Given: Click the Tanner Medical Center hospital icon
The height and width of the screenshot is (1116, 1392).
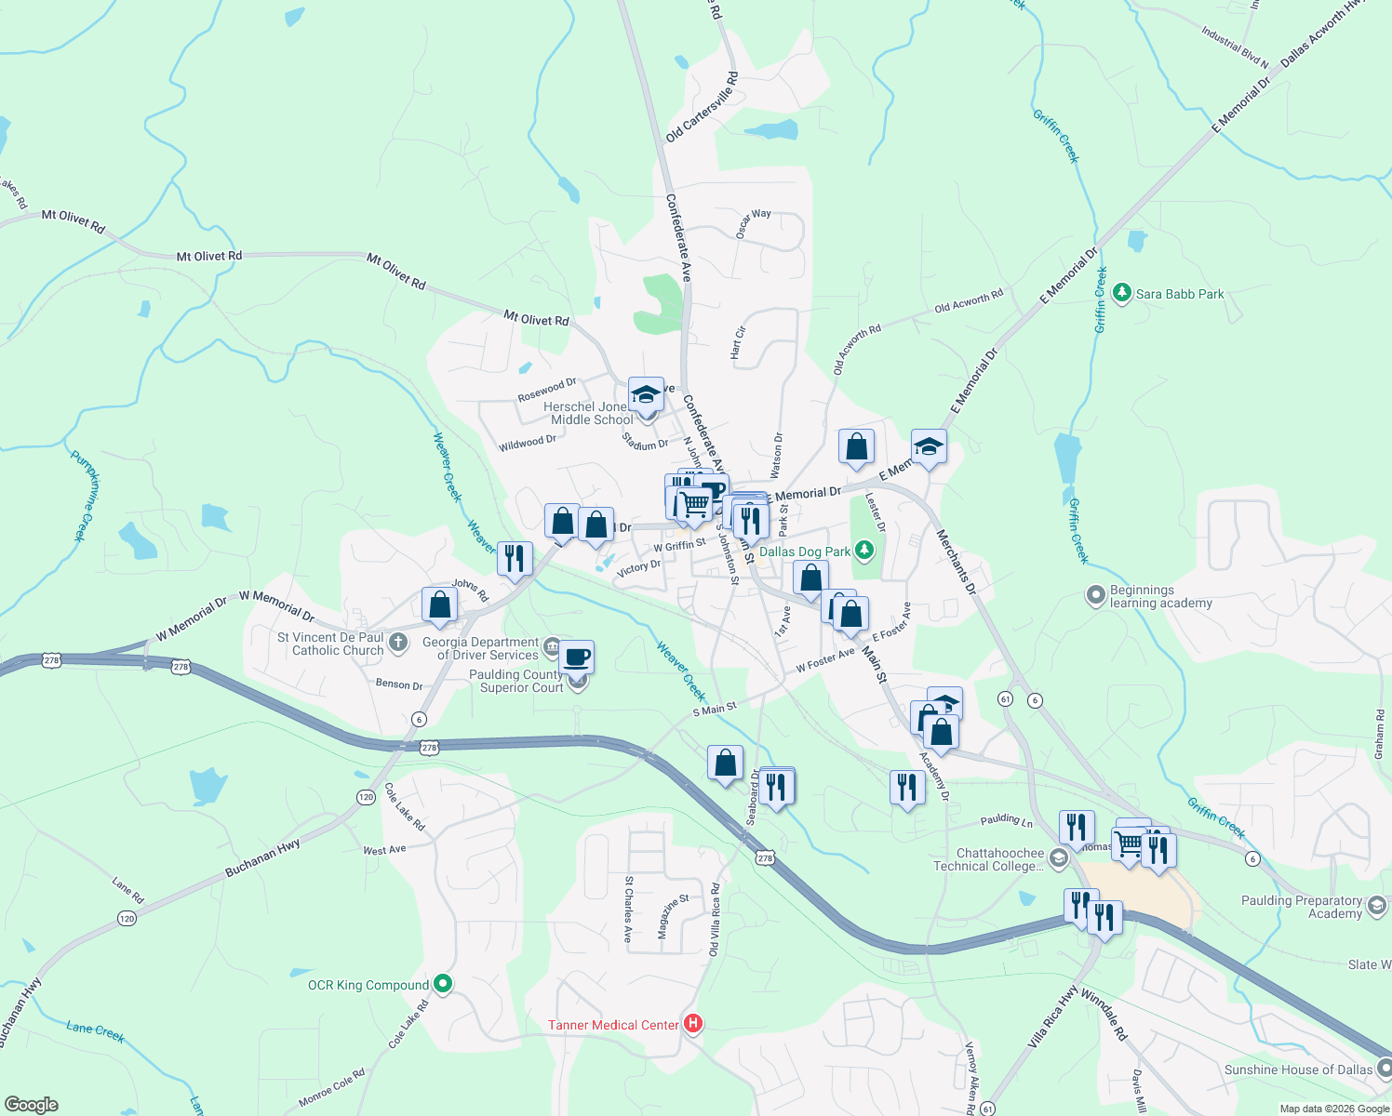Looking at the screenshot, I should pos(693,1024).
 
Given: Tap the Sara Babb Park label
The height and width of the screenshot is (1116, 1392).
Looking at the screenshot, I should pos(1180,294).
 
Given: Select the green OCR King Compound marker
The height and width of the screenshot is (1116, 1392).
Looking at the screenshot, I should pos(443,984).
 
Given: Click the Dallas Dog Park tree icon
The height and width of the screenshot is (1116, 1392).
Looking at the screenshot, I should pos(865,551).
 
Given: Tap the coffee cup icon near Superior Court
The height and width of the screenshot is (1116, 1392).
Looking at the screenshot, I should pos(576,658).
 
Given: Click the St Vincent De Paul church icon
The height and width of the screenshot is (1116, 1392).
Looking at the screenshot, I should pos(397,643).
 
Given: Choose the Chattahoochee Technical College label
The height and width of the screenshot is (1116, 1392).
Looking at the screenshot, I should pos(988,859).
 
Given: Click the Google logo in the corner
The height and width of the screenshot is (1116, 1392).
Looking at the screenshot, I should pos(31,1104).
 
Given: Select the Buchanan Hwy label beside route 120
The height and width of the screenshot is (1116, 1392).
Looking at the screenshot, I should pos(262,857).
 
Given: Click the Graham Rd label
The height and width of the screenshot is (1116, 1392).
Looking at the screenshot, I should pos(1379,734).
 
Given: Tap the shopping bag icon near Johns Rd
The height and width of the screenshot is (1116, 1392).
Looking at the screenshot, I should pos(439,604).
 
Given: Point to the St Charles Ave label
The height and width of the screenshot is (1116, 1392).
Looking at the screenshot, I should pos(629,910).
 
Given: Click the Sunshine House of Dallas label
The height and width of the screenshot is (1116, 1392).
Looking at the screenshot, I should pos(1298,1069).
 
